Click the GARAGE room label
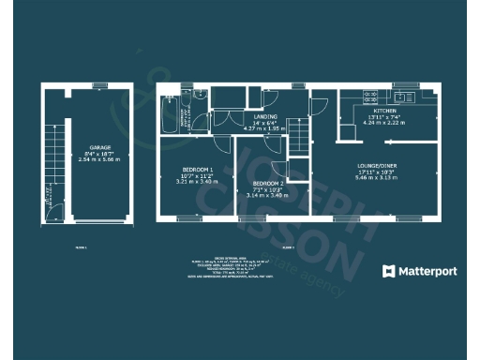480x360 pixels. pos(100,148)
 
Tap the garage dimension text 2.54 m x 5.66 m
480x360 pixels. pos(100,160)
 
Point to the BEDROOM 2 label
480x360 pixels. pos(267,183)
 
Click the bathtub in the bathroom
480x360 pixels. pos(169,114)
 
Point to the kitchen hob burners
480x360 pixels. pos(368,97)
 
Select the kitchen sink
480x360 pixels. pos(405,97)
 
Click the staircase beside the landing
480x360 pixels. pos(300,137)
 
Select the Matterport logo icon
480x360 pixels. pos(390,271)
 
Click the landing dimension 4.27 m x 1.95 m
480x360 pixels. pos(266,128)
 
